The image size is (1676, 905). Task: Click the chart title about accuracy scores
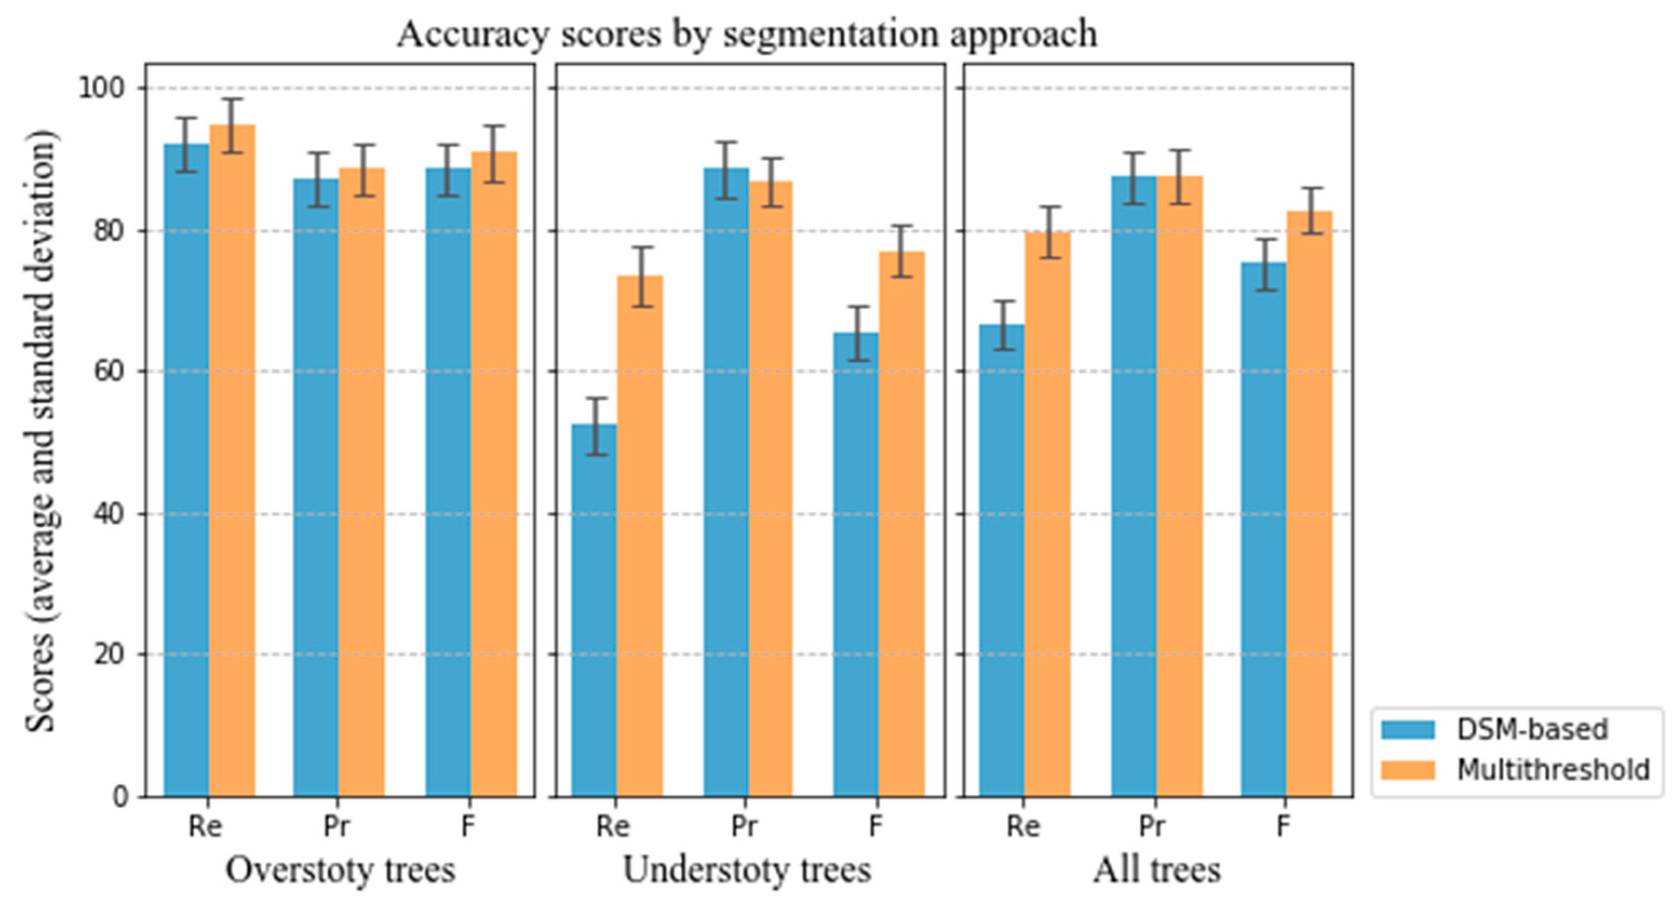pos(747,34)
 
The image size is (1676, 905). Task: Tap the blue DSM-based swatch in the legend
pos(1407,730)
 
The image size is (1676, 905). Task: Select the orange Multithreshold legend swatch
pos(1407,769)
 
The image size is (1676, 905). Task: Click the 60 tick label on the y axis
pos(108,372)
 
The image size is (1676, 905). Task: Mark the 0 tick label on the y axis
pos(120,796)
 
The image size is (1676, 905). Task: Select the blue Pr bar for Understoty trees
pos(726,482)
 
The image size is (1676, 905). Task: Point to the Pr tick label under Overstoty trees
pos(336,827)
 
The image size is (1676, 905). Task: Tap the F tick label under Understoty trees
pos(875,827)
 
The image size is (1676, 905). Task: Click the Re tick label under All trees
pos(1023,827)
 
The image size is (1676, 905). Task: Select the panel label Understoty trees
pos(747,870)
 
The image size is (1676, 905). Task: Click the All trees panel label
pos(1156,870)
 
